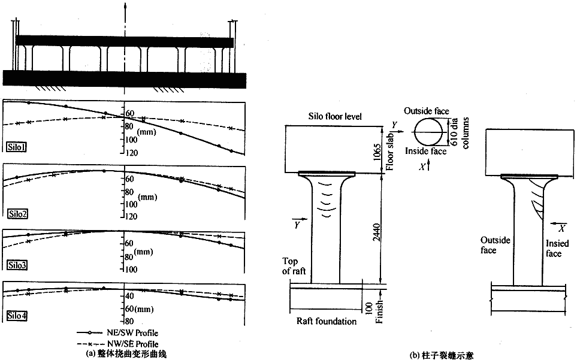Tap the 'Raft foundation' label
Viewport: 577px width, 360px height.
(327, 322)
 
